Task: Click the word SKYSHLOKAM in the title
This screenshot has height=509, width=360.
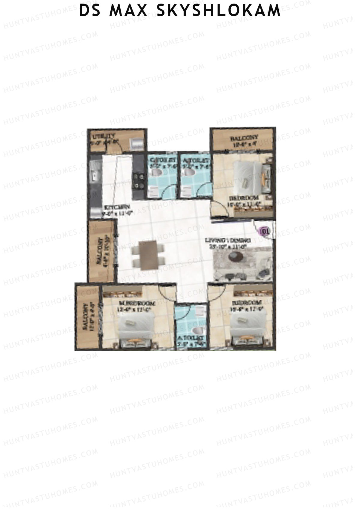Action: point(219,10)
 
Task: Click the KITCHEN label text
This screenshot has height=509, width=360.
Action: point(117,207)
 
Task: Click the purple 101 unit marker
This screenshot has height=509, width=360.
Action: point(264,231)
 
